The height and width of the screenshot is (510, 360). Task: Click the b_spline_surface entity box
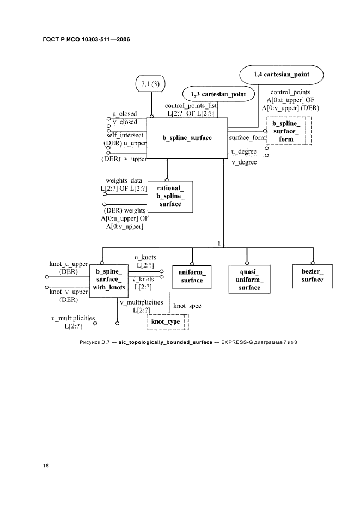point(187,138)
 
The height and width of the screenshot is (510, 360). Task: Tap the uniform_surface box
point(192,276)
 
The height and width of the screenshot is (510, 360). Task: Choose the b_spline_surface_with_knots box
point(109,280)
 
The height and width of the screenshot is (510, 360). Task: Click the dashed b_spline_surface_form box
point(286,132)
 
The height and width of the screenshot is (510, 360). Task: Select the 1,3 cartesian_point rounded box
point(218,94)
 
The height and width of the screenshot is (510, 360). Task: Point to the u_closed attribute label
point(124,114)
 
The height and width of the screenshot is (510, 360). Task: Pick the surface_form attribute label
point(247,138)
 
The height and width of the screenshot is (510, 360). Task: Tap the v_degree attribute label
point(244,162)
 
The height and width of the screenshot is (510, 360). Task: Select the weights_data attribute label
point(125,180)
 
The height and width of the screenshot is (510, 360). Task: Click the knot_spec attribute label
point(187,306)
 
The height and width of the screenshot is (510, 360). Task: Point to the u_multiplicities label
point(73,318)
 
